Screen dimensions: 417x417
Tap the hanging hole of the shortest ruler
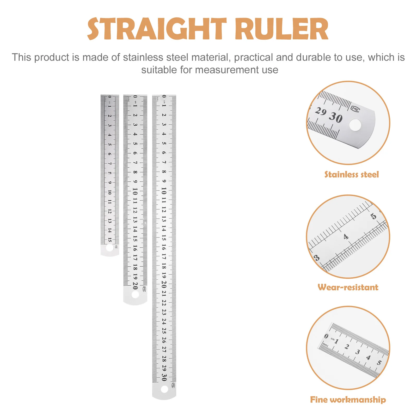point(110,248)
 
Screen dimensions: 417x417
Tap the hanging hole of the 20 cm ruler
point(135,295)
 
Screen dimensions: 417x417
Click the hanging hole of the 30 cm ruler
point(164,389)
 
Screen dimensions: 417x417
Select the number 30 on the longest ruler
point(164,377)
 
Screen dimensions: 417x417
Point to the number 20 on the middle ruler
point(135,286)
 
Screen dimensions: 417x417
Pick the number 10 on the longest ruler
point(164,191)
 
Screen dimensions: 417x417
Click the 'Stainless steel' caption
point(351,174)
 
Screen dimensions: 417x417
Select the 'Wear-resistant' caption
point(348,287)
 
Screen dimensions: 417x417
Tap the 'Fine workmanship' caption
point(348,400)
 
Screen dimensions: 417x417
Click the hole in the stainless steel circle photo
point(355,125)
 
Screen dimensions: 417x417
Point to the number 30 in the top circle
point(335,118)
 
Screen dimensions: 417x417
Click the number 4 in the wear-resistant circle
point(346,237)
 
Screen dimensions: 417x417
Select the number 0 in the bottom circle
point(326,336)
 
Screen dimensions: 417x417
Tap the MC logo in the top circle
point(355,109)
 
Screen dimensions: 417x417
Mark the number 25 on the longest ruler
point(164,330)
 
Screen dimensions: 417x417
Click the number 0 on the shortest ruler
point(110,97)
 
